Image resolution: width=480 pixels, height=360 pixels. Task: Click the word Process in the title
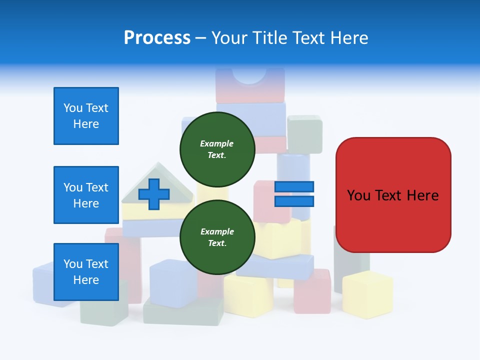pyautogui.click(x=157, y=38)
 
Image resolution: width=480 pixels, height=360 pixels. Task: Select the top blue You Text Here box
pyautogui.click(x=86, y=116)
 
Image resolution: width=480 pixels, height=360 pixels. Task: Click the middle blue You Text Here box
pyautogui.click(x=86, y=195)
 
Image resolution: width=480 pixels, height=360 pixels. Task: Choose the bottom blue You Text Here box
pyautogui.click(x=86, y=272)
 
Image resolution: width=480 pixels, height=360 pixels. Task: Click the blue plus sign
pyautogui.click(x=153, y=194)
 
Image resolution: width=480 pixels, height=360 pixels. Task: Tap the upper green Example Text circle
pyautogui.click(x=217, y=149)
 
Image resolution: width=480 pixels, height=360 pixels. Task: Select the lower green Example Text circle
pyautogui.click(x=217, y=237)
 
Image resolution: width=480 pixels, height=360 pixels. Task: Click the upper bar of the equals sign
pyautogui.click(x=294, y=187)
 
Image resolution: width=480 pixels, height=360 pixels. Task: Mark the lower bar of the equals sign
pyautogui.click(x=294, y=201)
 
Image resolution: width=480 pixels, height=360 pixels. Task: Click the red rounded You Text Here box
pyautogui.click(x=393, y=195)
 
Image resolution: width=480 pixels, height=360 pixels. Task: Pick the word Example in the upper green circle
pyautogui.click(x=217, y=143)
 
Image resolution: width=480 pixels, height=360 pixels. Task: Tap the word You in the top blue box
pyautogui.click(x=73, y=108)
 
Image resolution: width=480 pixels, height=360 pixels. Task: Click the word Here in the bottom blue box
pyautogui.click(x=86, y=280)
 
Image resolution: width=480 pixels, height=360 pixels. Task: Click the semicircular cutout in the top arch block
pyautogui.click(x=249, y=75)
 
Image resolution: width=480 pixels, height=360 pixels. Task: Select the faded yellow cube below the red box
pyautogui.click(x=367, y=295)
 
